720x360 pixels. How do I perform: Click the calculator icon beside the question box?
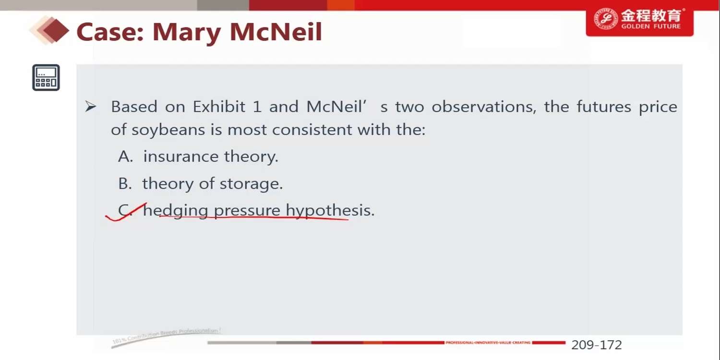(x=46, y=77)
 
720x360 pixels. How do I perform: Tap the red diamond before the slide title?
(x=55, y=31)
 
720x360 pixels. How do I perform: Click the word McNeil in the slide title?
(x=276, y=32)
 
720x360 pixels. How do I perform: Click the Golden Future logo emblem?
(x=606, y=19)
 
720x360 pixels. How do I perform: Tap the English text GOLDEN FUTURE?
(x=651, y=26)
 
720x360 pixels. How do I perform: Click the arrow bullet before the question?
(x=90, y=107)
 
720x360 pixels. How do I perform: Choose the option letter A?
(x=125, y=156)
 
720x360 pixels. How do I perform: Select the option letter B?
(x=125, y=183)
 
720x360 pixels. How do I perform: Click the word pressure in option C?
(x=247, y=211)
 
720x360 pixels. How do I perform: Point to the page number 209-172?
(x=597, y=345)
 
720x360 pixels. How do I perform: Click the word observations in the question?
(x=484, y=107)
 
